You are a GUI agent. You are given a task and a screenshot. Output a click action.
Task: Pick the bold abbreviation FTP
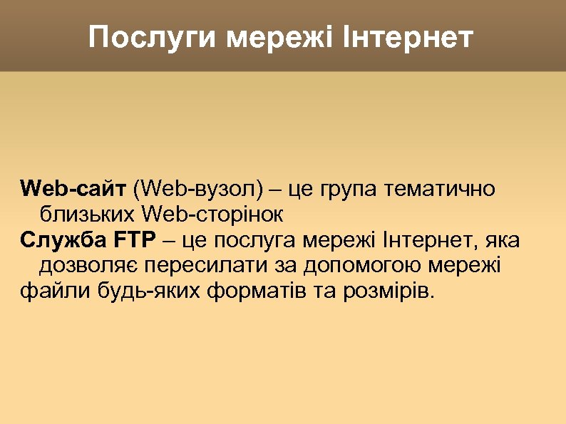click(133, 240)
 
